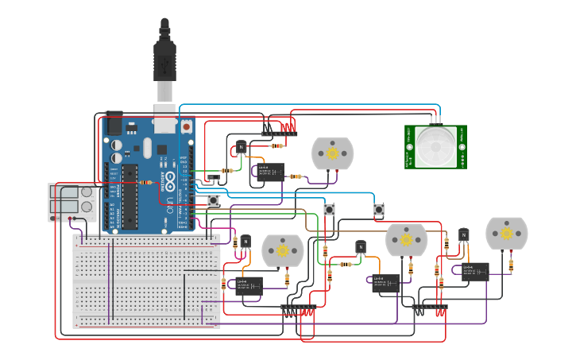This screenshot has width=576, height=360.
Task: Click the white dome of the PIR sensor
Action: point(435,147)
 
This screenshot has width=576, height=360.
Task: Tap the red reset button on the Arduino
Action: point(186,126)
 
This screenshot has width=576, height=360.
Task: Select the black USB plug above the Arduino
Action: point(164,60)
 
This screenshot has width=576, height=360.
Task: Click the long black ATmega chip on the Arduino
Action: point(130,195)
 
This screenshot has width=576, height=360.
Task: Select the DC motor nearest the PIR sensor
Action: point(332,153)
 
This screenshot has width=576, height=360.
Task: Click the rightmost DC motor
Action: point(506,233)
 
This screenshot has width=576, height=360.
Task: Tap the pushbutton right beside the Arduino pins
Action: point(214,200)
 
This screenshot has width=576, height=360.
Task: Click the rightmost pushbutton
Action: point(379,210)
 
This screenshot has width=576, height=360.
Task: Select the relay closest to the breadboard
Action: point(249,286)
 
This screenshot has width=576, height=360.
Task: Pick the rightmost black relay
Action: point(475,272)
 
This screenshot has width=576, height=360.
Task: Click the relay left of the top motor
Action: point(271,172)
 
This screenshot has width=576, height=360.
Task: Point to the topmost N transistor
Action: point(241,147)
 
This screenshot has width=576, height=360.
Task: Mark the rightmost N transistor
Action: point(463,235)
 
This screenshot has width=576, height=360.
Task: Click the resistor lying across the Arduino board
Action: point(146,183)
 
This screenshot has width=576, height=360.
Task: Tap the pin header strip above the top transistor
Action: point(279,132)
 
